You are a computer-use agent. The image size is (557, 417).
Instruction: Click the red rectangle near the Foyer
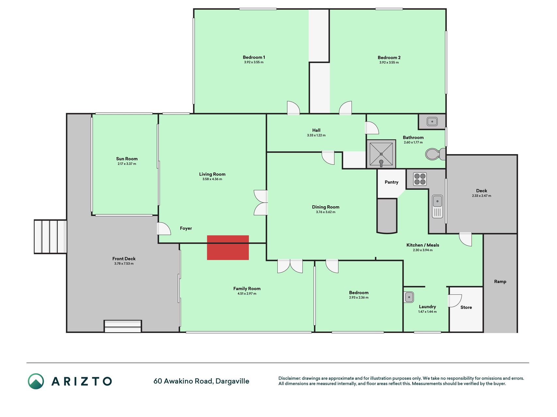(x=228, y=248)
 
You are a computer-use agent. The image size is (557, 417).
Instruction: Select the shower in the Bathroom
(x=381, y=154)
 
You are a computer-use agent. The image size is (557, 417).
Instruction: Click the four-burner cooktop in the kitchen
(x=420, y=179)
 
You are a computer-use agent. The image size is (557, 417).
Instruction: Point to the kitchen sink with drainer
(x=437, y=206)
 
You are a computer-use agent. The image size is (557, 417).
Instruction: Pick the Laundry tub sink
(x=409, y=297)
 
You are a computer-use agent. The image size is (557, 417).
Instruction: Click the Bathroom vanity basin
(x=432, y=122)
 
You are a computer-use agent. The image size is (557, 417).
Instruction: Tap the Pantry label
(x=391, y=182)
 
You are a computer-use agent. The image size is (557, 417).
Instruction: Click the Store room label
(x=466, y=307)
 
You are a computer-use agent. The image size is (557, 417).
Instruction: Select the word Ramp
(x=500, y=281)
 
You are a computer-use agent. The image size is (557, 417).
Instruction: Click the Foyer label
(x=186, y=228)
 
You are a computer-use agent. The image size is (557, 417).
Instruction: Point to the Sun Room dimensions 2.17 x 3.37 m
(x=127, y=164)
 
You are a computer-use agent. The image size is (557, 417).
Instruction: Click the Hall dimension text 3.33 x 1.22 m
(x=316, y=135)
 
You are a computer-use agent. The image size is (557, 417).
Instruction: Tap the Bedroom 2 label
(x=389, y=58)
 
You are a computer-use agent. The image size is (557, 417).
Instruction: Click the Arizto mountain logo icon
(x=36, y=381)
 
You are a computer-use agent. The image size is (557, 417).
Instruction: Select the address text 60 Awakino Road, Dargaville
(x=201, y=381)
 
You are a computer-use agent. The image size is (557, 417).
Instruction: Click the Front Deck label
(x=124, y=259)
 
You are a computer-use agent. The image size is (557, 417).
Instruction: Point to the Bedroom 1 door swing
(x=293, y=108)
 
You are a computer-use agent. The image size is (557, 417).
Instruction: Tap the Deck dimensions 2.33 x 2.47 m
(x=481, y=196)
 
